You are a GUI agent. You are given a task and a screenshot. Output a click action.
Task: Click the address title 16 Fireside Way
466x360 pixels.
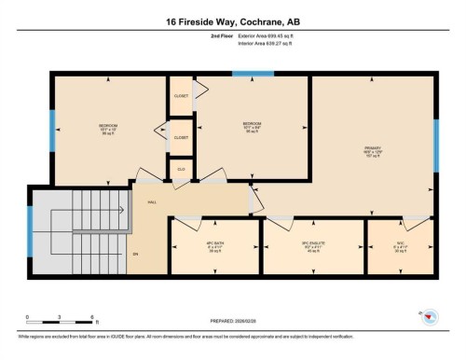(x=233, y=21)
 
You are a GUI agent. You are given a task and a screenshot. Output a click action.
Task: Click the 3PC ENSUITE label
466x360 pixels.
(x=311, y=247)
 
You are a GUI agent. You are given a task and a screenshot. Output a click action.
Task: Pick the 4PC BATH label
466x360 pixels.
(x=215, y=247)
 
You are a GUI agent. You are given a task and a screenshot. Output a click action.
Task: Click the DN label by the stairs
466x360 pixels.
(x=135, y=255)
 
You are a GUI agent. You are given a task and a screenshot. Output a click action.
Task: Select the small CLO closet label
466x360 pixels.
(x=180, y=169)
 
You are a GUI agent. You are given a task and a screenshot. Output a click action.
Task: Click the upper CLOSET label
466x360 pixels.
(x=180, y=95)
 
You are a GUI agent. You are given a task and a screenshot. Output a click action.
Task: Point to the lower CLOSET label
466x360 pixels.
(x=180, y=138)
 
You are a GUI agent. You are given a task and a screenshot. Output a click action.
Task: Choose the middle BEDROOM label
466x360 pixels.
(x=252, y=123)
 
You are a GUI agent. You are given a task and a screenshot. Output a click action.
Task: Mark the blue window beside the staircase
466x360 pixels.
(x=30, y=230)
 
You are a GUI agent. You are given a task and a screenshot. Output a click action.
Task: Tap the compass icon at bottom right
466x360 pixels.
(x=430, y=317)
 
